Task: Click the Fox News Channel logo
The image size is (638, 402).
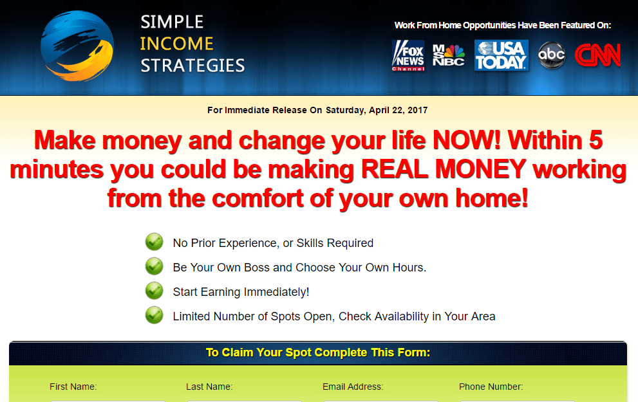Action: (408, 55)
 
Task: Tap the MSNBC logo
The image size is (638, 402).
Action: (448, 55)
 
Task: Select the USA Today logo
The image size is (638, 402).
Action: (502, 55)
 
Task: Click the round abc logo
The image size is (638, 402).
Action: (551, 55)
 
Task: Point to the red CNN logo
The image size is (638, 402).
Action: (597, 55)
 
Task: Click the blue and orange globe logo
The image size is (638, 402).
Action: (77, 46)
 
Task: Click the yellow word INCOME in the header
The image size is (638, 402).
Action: (176, 44)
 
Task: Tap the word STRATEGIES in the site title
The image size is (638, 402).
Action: (192, 66)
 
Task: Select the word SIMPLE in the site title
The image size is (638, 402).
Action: (172, 22)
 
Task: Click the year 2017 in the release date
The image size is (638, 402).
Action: (417, 110)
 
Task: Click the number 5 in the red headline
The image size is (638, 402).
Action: (596, 140)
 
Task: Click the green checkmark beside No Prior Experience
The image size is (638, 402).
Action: (155, 242)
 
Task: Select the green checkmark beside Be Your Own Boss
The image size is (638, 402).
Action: (155, 266)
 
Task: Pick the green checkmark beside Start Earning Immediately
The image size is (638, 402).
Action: (155, 291)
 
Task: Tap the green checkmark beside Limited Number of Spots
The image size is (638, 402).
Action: (155, 315)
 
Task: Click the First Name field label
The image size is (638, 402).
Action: (73, 387)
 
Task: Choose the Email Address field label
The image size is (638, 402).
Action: (353, 387)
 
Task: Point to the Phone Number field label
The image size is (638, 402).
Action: (491, 387)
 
